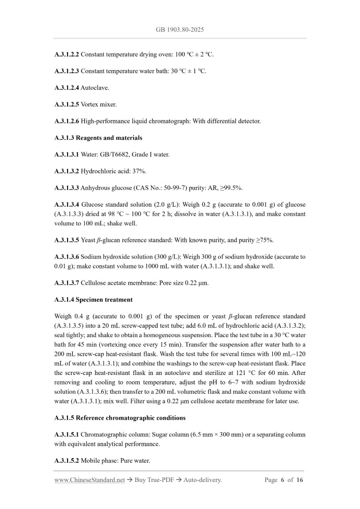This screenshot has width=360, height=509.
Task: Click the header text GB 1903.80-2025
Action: (x=180, y=30)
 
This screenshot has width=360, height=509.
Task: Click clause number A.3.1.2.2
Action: (x=66, y=54)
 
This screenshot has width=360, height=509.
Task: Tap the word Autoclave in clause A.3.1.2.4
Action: (x=95, y=88)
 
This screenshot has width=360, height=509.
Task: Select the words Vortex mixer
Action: (x=99, y=104)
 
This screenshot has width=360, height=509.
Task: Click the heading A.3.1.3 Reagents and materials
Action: (x=98, y=138)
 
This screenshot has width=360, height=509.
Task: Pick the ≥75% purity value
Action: (x=263, y=240)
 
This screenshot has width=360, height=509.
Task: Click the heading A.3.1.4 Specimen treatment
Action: (x=93, y=300)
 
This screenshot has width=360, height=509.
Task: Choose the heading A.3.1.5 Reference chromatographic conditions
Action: (x=119, y=418)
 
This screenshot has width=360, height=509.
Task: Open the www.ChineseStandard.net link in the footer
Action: (x=89, y=480)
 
